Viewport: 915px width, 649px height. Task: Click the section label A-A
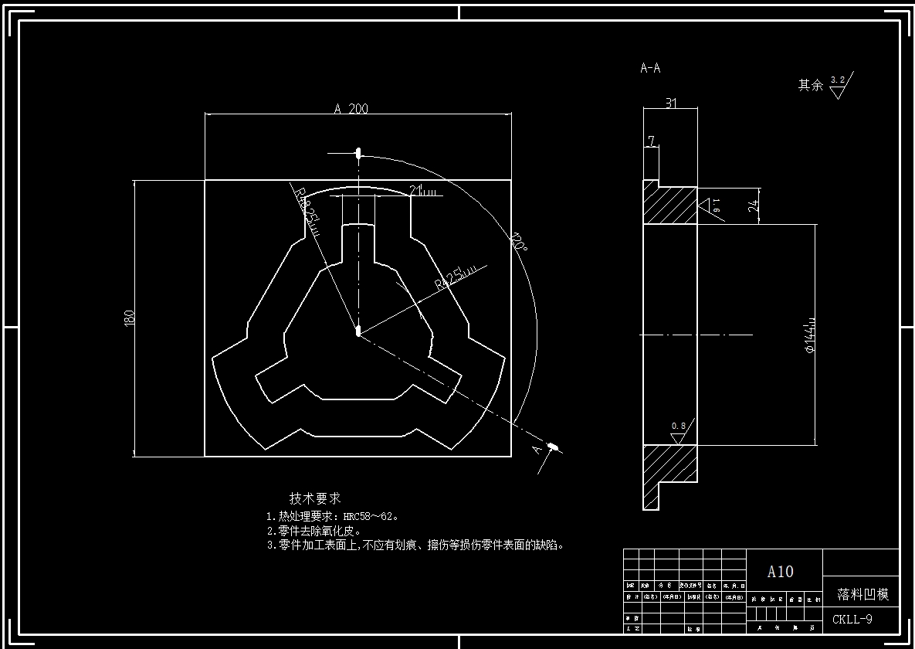(x=650, y=68)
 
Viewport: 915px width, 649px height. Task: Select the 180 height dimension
(x=129, y=317)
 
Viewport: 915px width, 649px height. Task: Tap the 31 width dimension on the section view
(x=671, y=103)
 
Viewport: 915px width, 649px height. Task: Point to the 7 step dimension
(x=651, y=141)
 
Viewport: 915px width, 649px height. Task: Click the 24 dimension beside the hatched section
(x=753, y=206)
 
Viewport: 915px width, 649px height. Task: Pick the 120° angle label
(x=518, y=245)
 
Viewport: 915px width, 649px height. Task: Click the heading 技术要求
(x=315, y=498)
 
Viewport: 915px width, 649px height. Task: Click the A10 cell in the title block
(x=780, y=572)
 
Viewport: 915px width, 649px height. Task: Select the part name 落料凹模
(x=862, y=594)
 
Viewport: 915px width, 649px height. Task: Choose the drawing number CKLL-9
(x=852, y=619)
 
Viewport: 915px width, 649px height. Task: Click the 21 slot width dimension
(x=416, y=189)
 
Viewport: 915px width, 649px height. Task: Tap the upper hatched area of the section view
(x=669, y=206)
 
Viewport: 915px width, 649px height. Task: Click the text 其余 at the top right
(x=810, y=85)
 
